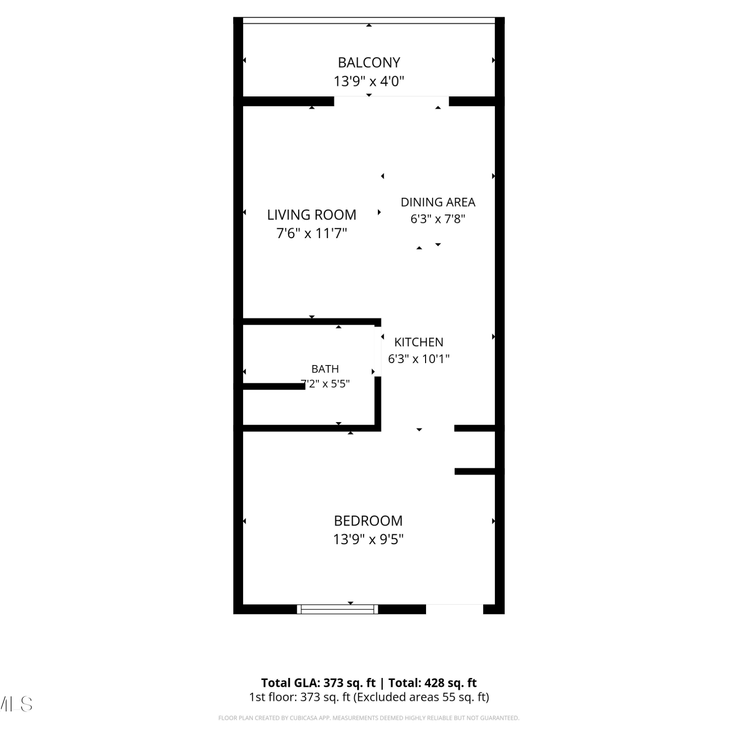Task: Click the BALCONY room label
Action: (x=369, y=62)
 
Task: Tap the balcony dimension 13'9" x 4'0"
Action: (x=369, y=81)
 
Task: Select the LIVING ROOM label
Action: (x=311, y=215)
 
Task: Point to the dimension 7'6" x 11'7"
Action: (x=312, y=233)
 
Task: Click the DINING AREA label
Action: (x=438, y=202)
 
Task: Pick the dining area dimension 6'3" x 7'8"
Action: (x=438, y=218)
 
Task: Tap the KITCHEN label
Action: (x=419, y=342)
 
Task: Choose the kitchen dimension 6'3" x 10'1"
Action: (x=419, y=359)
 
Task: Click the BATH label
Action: (x=325, y=369)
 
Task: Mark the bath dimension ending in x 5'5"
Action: (x=325, y=383)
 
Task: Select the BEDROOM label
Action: (x=368, y=521)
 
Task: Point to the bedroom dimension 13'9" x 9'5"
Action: (x=369, y=539)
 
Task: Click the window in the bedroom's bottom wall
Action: (x=338, y=609)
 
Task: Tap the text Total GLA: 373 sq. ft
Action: (x=318, y=683)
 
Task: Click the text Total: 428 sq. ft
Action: (x=432, y=683)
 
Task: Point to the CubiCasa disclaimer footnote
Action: (x=369, y=718)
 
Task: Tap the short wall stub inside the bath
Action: (x=274, y=386)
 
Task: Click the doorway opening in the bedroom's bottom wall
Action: (x=455, y=609)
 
